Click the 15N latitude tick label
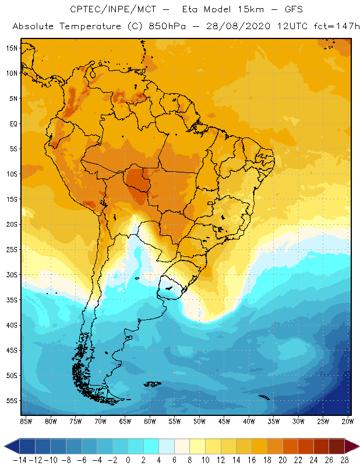12,48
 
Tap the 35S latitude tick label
12,300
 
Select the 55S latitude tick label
12,401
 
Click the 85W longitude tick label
26,421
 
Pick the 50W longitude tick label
199,421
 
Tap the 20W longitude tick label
348,421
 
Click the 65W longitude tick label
125,421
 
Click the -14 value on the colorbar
19,460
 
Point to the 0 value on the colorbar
128,460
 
